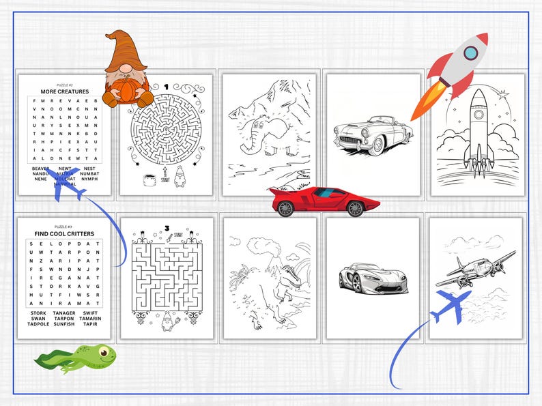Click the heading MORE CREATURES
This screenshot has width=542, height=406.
pyautogui.click(x=64, y=91)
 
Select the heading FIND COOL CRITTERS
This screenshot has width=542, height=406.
pyautogui.click(x=64, y=234)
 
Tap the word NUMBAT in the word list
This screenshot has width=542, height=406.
pyautogui.click(x=89, y=173)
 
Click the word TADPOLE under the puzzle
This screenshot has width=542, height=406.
pyautogui.click(x=38, y=324)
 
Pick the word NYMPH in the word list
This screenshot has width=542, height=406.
pyautogui.click(x=89, y=179)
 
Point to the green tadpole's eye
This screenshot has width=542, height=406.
pyautogui.click(x=104, y=353)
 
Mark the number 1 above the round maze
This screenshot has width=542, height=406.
pyautogui.click(x=166, y=87)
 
